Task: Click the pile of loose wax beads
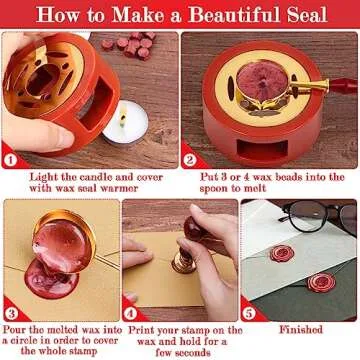[130, 45]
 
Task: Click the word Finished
[299, 326]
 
